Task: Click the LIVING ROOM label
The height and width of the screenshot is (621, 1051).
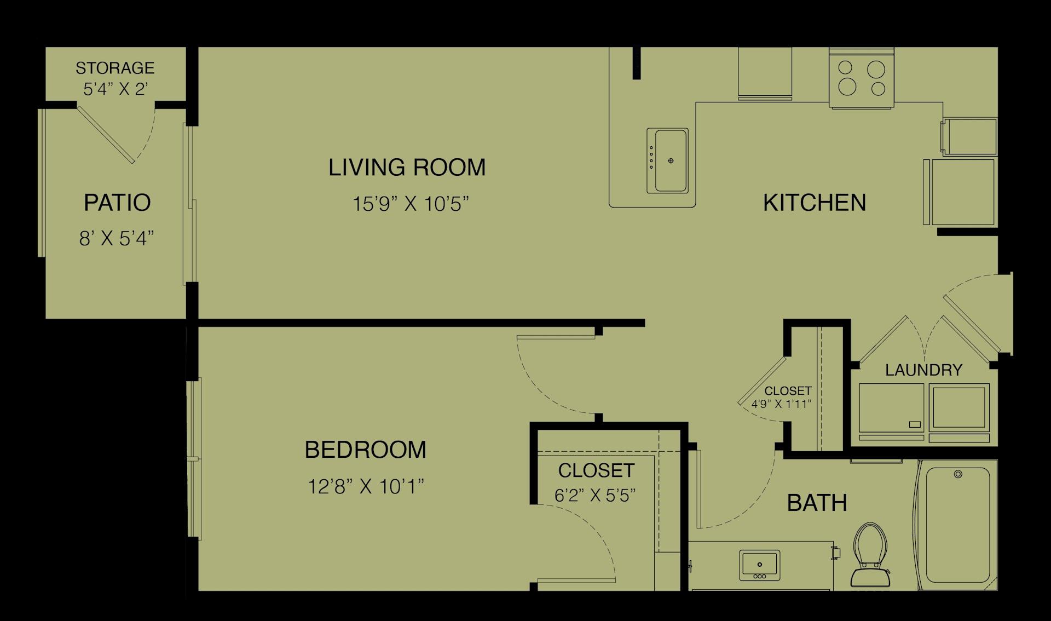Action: click(407, 168)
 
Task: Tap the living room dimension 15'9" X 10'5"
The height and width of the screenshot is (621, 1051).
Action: click(411, 204)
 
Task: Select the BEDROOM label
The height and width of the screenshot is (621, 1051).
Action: click(365, 450)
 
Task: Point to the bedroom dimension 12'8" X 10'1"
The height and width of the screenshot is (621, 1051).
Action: click(366, 486)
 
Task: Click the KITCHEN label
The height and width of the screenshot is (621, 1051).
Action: click(815, 203)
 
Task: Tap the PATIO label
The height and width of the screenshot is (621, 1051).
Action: click(117, 203)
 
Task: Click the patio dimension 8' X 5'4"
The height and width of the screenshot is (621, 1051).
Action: click(117, 239)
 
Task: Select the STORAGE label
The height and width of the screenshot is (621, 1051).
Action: click(115, 68)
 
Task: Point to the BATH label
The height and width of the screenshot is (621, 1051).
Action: click(817, 503)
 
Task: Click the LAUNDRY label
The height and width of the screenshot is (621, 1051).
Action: click(923, 370)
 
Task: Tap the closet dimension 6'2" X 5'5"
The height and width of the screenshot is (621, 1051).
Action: click(595, 496)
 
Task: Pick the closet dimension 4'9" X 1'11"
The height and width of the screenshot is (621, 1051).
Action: click(781, 405)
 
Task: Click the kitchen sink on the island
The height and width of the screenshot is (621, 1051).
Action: click(667, 160)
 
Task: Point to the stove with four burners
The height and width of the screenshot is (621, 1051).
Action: click(862, 77)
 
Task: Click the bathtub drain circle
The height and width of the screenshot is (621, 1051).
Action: click(958, 474)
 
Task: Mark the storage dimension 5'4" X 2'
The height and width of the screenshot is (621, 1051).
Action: click(116, 89)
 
